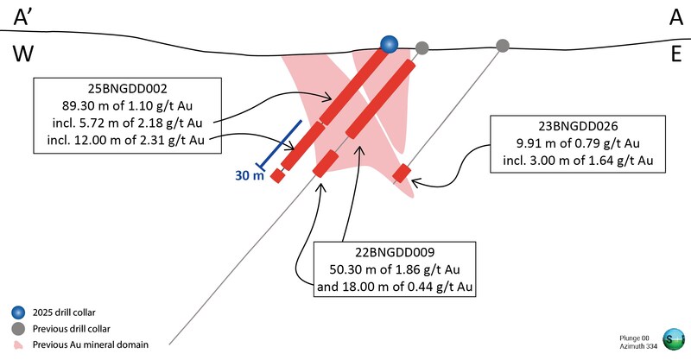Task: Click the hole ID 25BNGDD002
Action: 126,88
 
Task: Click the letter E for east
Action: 672,54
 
